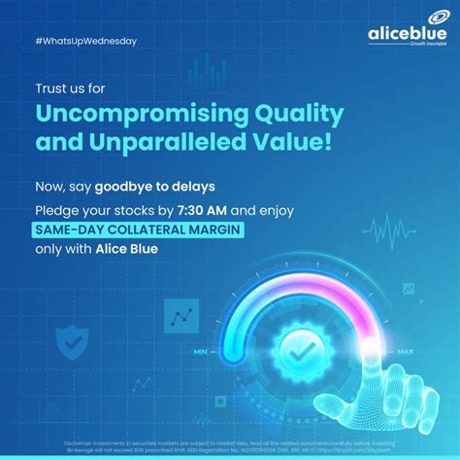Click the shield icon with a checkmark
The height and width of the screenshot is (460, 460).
point(72,341)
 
